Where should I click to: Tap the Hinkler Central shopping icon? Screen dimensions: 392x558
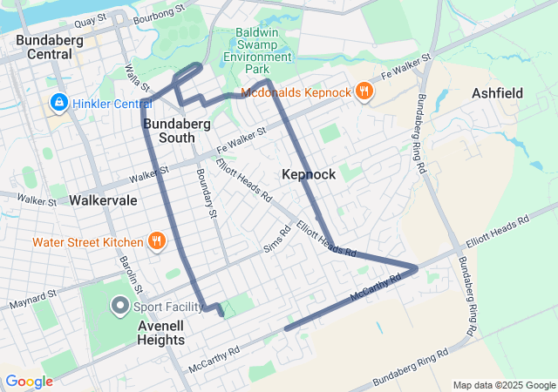coord(59,103)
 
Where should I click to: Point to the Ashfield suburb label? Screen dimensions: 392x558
coord(498,92)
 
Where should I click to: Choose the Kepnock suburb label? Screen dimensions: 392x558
coord(309,174)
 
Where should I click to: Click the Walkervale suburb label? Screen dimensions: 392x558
coord(103,199)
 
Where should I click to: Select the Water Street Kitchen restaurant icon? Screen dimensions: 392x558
coord(156,241)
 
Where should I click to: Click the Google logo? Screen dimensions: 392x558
coord(29,382)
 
